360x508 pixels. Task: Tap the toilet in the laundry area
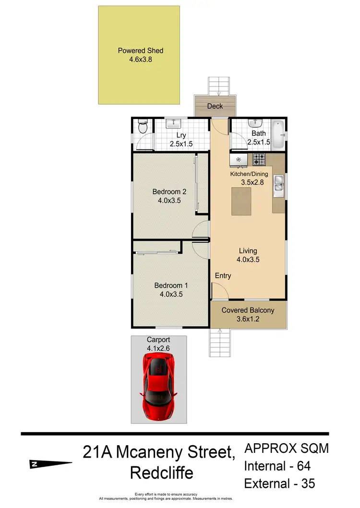pyautogui.click(x=141, y=128)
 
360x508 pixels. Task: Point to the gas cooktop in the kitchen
pyautogui.click(x=259, y=159)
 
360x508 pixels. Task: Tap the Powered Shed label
pyautogui.click(x=140, y=50)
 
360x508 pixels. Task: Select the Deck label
pyautogui.click(x=215, y=106)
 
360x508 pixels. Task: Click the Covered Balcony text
pyautogui.click(x=248, y=310)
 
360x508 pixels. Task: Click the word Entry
pyautogui.click(x=223, y=275)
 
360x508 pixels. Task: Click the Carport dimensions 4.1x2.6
pyautogui.click(x=159, y=348)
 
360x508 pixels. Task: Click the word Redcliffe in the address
pyautogui.click(x=162, y=473)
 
